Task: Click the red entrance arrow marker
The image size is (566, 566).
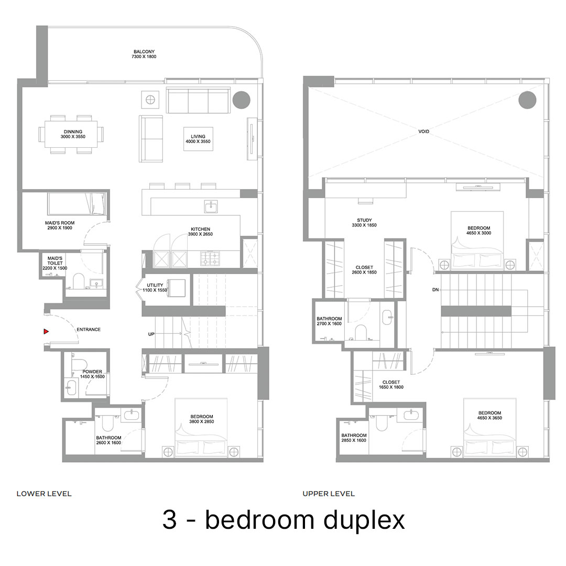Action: [x=46, y=331]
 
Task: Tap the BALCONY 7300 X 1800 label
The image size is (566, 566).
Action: [x=144, y=54]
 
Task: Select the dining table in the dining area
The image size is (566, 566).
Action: [x=71, y=134]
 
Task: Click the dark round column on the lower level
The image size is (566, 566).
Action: [x=241, y=100]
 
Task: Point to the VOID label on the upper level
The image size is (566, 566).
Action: [x=424, y=132]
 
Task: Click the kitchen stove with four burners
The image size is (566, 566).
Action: [x=210, y=258]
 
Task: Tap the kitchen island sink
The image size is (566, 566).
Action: [x=211, y=207]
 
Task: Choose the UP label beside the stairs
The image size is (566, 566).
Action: [x=151, y=334]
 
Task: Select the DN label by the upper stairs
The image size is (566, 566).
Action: [x=436, y=289]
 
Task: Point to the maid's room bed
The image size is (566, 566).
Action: [x=77, y=204]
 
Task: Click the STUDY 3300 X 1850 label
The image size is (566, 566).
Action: [x=364, y=222]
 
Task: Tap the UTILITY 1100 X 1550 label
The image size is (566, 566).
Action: [x=155, y=287]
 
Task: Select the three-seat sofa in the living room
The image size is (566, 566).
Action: [x=198, y=100]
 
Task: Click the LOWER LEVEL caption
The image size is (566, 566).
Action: [x=44, y=494]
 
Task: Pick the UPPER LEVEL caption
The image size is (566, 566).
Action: [x=329, y=494]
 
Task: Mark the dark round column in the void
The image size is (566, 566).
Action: [x=527, y=100]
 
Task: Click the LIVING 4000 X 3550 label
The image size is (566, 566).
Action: [x=198, y=139]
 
